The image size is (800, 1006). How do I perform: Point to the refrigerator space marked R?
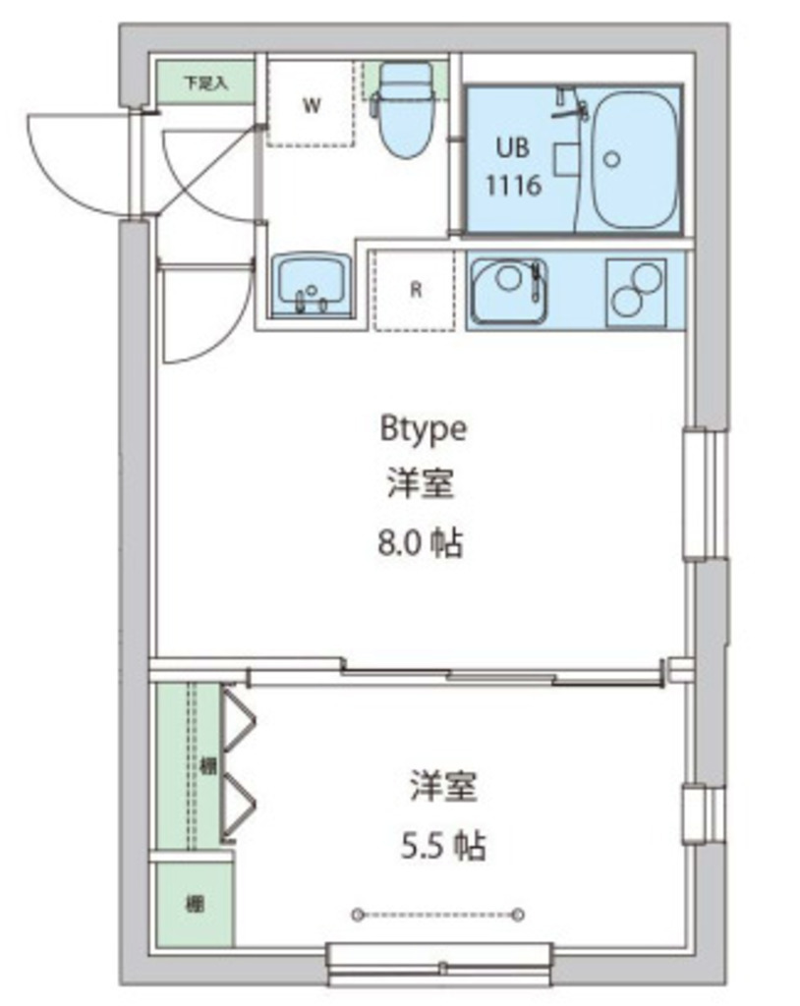(x=416, y=290)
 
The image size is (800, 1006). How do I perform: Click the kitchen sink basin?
(x=508, y=289)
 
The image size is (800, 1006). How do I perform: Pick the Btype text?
(x=423, y=428)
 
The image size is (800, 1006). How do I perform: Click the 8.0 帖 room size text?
(x=421, y=542)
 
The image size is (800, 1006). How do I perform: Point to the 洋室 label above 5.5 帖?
(x=444, y=786)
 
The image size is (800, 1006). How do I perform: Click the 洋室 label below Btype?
(x=421, y=484)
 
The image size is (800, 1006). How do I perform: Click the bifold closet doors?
(x=239, y=766)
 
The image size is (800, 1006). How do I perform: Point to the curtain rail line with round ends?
(x=438, y=915)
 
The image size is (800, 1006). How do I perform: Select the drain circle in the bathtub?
(x=613, y=159)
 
